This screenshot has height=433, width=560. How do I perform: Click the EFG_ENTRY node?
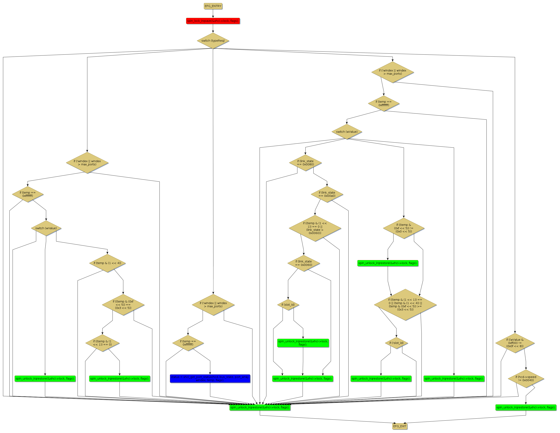[x=213, y=6]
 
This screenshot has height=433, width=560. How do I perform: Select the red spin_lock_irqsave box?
[x=213, y=21]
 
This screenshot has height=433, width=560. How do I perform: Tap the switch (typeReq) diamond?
[x=213, y=41]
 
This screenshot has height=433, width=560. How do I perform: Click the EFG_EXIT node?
[x=400, y=426]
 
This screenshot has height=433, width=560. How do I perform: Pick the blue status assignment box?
[x=210, y=379]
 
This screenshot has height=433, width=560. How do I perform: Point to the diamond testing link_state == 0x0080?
[x=305, y=163]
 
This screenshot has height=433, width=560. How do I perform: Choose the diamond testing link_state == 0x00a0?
[x=327, y=194]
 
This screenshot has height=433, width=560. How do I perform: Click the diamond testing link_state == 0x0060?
[x=304, y=263]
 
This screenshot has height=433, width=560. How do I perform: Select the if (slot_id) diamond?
[x=288, y=305]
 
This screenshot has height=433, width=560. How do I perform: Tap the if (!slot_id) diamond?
[x=396, y=343]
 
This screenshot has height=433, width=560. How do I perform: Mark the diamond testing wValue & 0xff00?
[x=515, y=343]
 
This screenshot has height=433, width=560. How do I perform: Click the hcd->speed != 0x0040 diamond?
[x=526, y=379]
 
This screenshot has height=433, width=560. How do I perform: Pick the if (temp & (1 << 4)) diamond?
[x=107, y=263]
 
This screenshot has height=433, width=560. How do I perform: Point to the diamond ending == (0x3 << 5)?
[x=123, y=305]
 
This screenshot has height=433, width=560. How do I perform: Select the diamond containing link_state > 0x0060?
[x=315, y=228]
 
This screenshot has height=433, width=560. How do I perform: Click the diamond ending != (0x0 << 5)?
[x=404, y=228]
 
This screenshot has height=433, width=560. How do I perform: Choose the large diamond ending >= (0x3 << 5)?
[x=405, y=305]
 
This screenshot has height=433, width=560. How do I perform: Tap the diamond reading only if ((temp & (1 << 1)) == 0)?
[x=102, y=343]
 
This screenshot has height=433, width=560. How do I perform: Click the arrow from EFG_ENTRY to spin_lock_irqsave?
[x=213, y=14]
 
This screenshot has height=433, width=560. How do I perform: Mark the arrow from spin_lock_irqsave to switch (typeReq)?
[x=213, y=28]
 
